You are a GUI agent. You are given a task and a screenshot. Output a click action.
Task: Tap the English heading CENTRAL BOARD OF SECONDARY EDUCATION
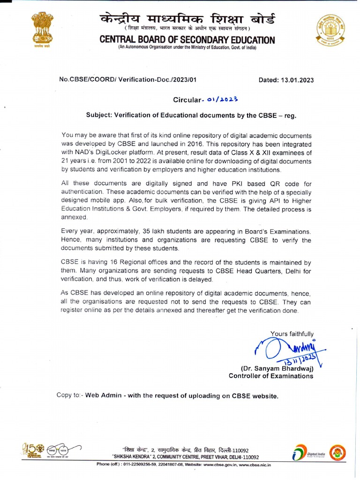pos(187,40)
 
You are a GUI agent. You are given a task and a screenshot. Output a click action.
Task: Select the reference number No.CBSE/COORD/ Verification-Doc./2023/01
pos(127,80)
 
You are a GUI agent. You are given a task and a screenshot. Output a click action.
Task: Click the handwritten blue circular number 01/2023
pos(222,99)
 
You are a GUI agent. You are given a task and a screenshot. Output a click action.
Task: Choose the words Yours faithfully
pos(292,334)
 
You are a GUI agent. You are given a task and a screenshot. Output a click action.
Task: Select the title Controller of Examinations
pos(271,376)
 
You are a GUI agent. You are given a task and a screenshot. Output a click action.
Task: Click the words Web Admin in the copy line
pos(102,396)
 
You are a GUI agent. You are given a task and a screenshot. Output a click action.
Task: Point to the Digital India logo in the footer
pos(304,453)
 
